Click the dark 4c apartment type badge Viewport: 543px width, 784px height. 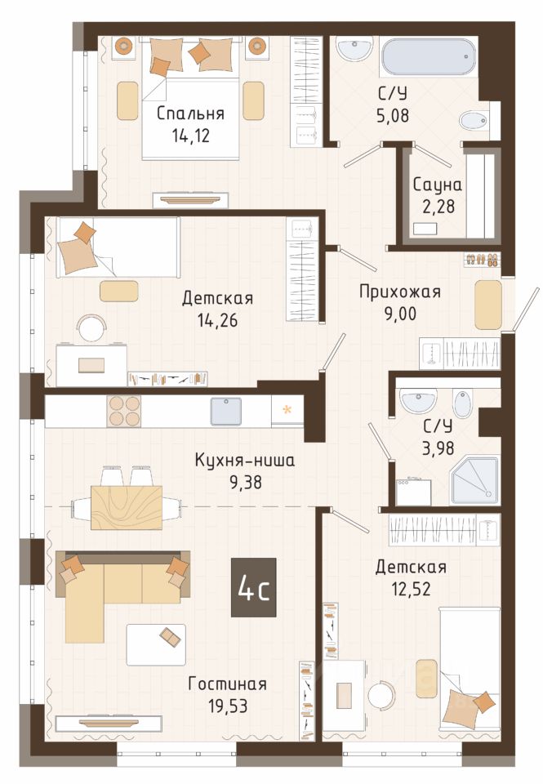point(253,587)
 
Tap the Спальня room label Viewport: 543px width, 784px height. point(190,114)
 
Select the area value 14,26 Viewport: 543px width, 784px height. point(217,320)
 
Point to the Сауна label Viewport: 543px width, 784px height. point(437,185)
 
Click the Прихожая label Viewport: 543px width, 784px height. point(400,292)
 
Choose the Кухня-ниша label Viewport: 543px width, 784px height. point(245,460)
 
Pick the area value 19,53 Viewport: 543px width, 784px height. point(227,706)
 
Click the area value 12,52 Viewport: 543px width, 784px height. point(411,589)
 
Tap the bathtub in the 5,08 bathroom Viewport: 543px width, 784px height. point(428,57)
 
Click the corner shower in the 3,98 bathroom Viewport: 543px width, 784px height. point(475,479)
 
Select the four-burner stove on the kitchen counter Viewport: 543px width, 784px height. point(123,411)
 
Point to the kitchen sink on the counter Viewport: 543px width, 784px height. point(226,411)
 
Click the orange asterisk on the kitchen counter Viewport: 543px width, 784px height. point(287,411)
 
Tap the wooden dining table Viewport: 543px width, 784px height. point(127,507)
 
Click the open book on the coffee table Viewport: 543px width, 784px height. point(171,637)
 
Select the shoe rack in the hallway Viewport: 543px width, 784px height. point(482,260)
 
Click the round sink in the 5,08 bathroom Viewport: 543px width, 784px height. point(354,48)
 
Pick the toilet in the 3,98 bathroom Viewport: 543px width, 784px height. point(462,403)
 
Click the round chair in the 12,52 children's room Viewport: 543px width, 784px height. point(381,694)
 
